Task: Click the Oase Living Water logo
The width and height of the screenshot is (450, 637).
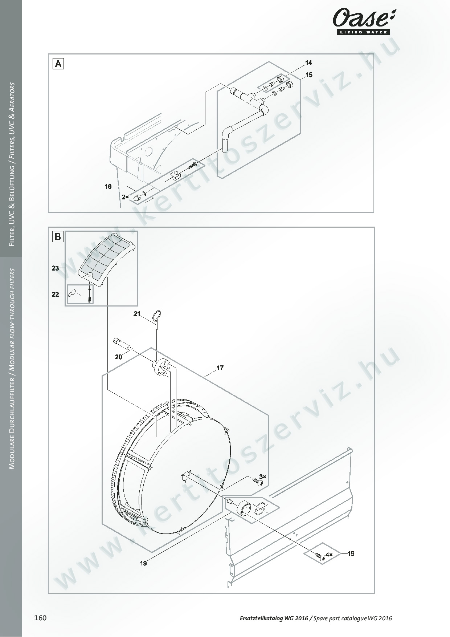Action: (x=364, y=23)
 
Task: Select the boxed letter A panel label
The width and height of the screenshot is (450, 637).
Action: (x=58, y=64)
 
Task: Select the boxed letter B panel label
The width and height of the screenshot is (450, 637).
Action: (x=58, y=237)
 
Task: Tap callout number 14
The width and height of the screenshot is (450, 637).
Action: (x=308, y=63)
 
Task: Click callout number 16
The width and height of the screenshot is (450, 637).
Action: (x=108, y=186)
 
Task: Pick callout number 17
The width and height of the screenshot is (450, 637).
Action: (x=220, y=368)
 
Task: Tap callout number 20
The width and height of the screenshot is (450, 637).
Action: (x=118, y=357)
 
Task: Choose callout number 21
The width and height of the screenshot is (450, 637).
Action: (x=136, y=314)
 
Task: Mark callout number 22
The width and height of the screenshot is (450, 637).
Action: (x=55, y=295)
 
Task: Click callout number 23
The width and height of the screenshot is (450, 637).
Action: (x=55, y=268)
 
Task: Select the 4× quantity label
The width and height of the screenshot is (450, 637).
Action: (x=329, y=555)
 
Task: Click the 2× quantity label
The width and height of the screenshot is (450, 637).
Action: (x=125, y=197)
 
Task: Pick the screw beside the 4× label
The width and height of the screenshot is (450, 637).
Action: (x=320, y=556)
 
